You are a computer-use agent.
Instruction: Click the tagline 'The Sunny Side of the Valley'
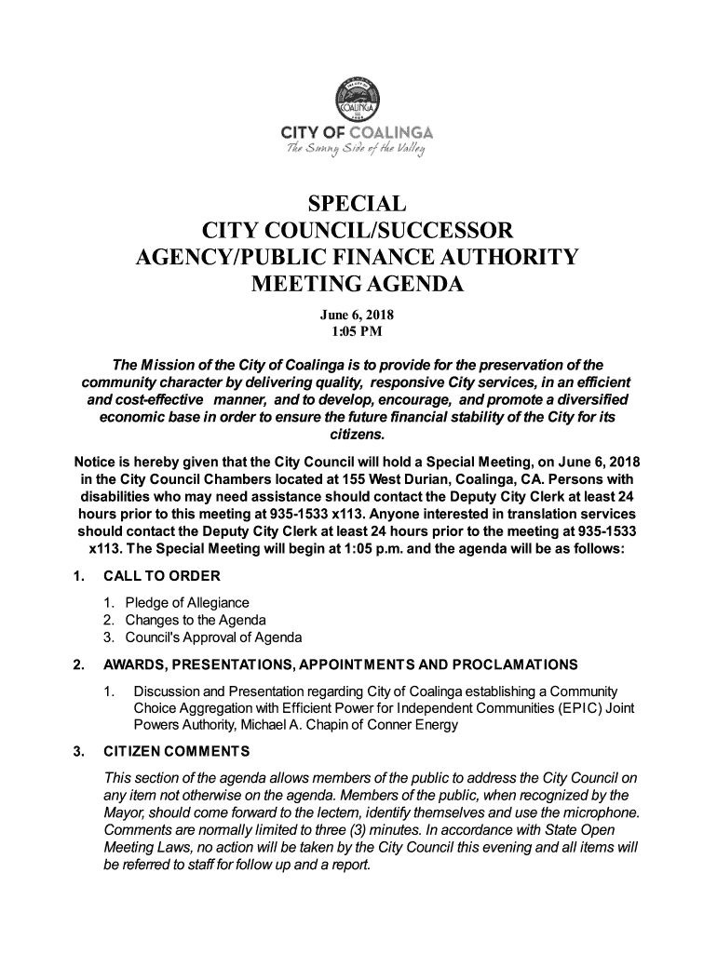358,148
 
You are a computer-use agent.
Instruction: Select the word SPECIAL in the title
358,204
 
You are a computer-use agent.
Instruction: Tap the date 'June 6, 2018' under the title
358,314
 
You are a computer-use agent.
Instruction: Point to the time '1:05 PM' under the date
358,330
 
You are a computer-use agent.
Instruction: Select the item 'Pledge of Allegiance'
187,602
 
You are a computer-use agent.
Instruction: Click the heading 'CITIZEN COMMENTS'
173,751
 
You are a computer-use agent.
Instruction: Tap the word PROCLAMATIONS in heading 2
517,664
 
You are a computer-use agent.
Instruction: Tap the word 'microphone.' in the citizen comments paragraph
601,812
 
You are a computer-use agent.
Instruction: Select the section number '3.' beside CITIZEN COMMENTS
79,751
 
